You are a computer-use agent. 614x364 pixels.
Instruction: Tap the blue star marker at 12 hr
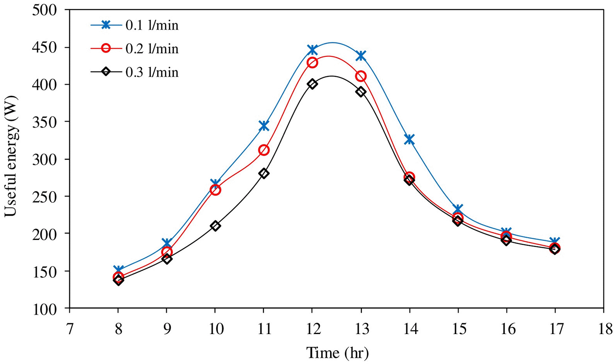[x=312, y=50]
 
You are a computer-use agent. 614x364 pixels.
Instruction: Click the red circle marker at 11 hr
[x=264, y=150]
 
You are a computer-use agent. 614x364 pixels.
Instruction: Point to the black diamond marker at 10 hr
[x=215, y=226]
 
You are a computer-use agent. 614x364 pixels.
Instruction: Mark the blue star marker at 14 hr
[x=409, y=140]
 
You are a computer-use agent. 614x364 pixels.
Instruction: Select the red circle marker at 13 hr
[x=361, y=76]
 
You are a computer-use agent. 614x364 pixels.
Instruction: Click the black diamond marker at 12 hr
[x=312, y=84]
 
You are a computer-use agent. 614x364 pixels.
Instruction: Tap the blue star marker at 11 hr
[x=264, y=126]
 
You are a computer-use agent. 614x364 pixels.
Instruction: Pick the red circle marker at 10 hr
[x=215, y=190]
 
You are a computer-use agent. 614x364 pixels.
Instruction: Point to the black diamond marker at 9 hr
[x=167, y=259]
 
